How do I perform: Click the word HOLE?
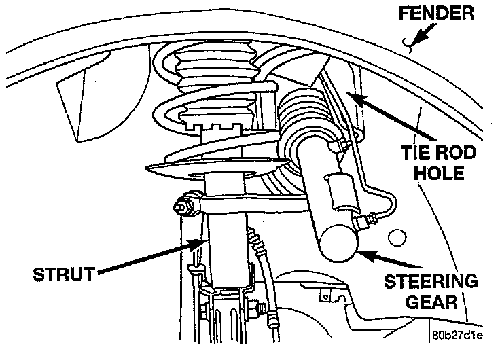pos(441,173)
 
